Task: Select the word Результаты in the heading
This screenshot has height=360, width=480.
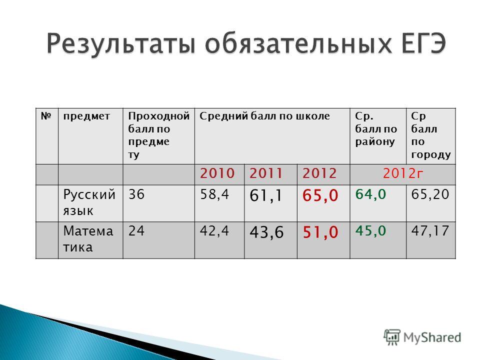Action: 121,44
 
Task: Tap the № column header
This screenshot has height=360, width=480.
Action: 46,116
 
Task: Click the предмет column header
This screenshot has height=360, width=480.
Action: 86,116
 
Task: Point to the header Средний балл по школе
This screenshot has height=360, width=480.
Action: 264,116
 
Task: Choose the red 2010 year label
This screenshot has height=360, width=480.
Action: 217,173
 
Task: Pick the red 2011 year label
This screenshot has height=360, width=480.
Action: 265,173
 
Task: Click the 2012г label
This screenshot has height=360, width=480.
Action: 402,173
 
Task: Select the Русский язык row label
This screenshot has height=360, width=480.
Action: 89,202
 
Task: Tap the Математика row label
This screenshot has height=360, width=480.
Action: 88,239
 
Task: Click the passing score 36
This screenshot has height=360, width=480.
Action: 136,194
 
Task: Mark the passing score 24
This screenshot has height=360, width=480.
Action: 136,231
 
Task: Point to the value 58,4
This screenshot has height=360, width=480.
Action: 214,194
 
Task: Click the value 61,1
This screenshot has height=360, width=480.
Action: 265,195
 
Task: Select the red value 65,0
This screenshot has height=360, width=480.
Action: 320,195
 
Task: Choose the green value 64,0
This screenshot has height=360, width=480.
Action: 370,194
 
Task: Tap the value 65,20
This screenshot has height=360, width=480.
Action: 430,194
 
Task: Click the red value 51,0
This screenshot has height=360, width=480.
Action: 320,232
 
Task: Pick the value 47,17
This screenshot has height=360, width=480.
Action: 430,231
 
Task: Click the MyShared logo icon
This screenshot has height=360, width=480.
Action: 392,337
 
